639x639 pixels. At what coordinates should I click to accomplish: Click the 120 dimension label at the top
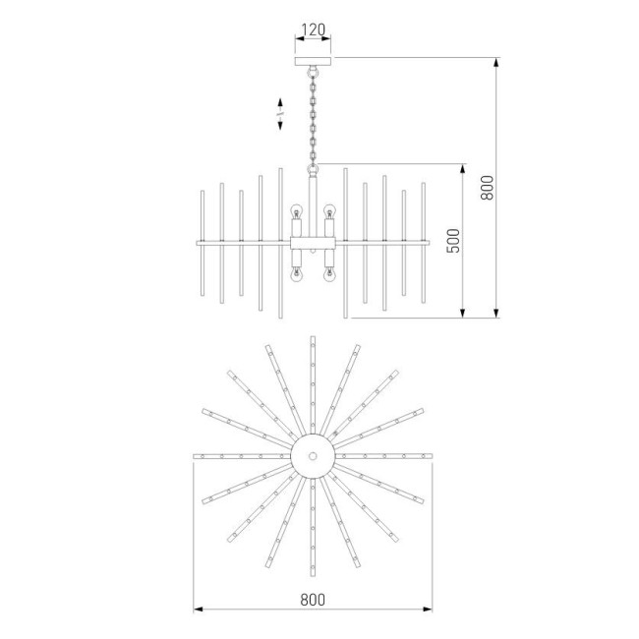point(313,30)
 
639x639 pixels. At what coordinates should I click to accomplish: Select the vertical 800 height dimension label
point(486,187)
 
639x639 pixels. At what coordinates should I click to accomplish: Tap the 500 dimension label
point(453,242)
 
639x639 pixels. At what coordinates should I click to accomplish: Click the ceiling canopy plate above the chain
point(314,62)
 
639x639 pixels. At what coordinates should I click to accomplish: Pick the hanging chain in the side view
point(314,118)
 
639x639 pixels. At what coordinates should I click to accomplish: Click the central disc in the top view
point(313,456)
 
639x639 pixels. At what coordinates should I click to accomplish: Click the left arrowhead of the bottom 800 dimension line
point(197,610)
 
